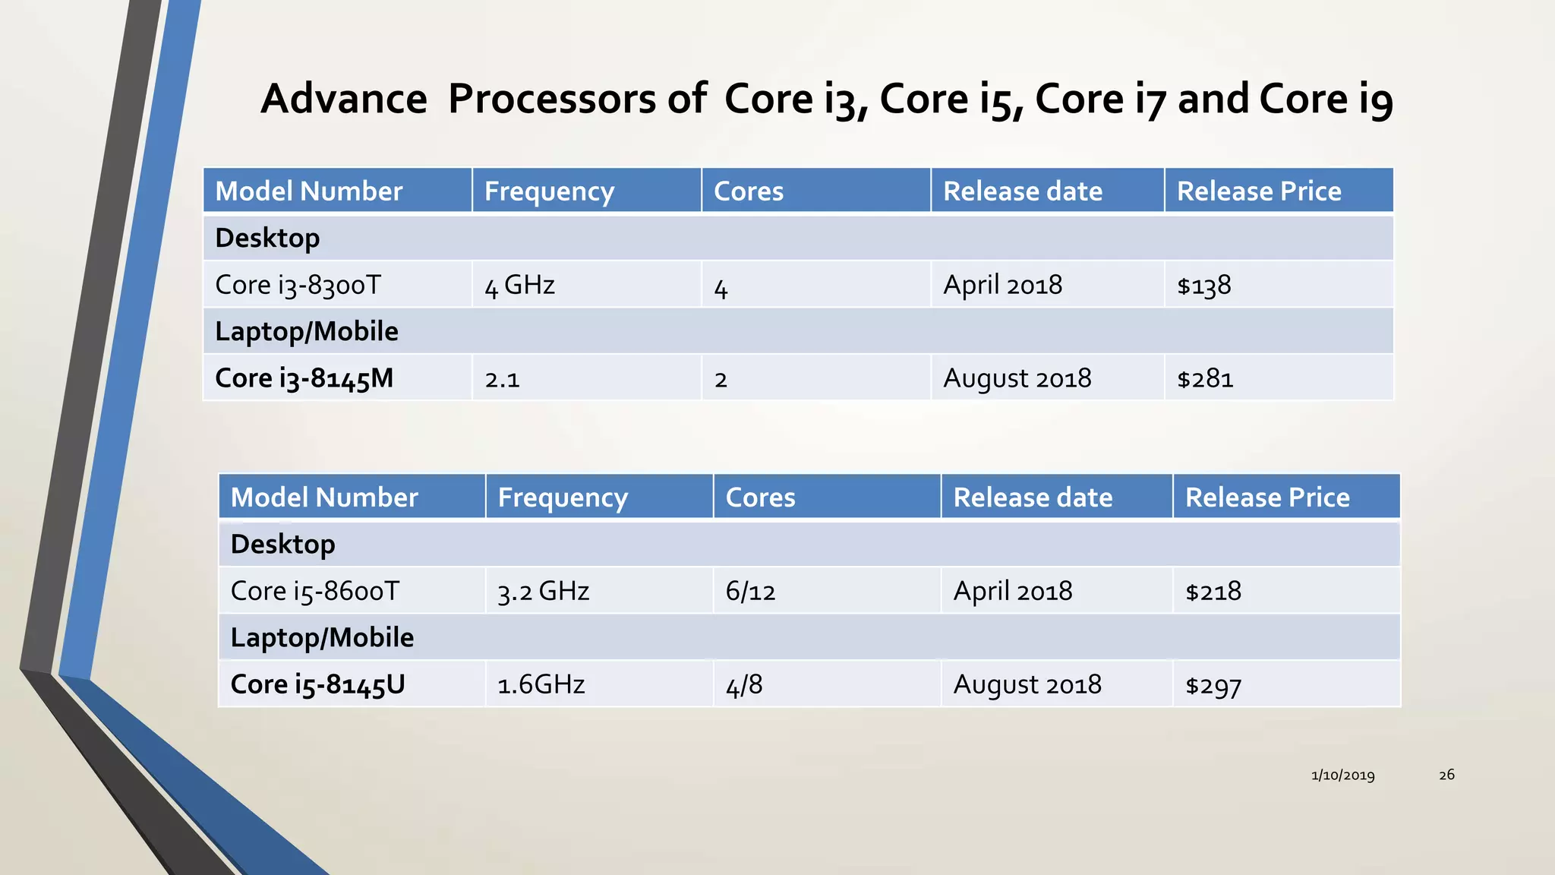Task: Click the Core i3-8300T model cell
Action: [x=298, y=285]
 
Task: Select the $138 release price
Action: [x=1203, y=286]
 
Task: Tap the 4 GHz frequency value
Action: [x=519, y=286]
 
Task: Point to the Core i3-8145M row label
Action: [x=304, y=378]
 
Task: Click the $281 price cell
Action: [x=1205, y=378]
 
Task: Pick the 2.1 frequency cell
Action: [x=502, y=378]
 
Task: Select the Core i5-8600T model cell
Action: [x=314, y=591]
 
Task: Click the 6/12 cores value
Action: [x=750, y=591]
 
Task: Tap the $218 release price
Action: [x=1213, y=591]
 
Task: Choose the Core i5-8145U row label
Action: [x=317, y=684]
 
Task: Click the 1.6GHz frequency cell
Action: [x=541, y=684]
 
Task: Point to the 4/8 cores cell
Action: [x=744, y=684]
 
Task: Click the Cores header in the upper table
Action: [x=749, y=191]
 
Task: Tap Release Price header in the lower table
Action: [x=1267, y=498]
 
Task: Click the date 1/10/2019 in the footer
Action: [x=1342, y=775]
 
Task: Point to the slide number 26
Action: [x=1446, y=775]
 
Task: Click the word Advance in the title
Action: [x=344, y=99]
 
